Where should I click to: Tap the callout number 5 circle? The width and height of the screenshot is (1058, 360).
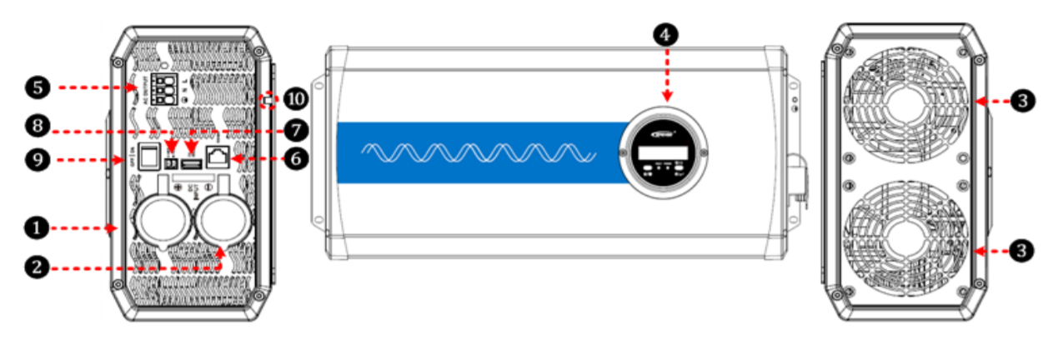tap(38, 86)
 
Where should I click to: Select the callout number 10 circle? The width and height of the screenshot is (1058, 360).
tap(296, 100)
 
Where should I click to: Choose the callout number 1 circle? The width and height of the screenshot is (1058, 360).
tap(34, 225)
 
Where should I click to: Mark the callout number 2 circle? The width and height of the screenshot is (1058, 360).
tap(34, 267)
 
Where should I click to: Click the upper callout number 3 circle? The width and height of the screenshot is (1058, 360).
tap(1025, 101)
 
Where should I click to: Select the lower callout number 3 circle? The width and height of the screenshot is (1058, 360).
tap(1025, 249)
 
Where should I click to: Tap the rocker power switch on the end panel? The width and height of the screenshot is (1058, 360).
tap(148, 157)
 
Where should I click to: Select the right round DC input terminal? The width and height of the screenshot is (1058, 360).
tap(221, 221)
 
